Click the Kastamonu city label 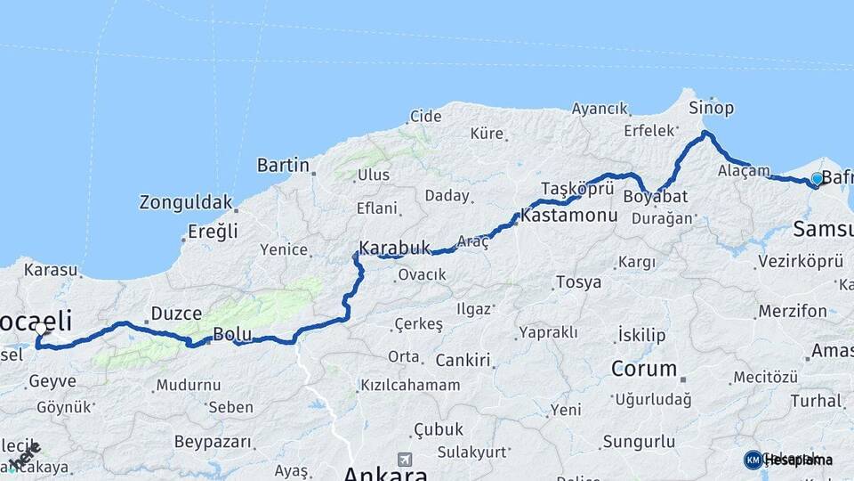pos(569,216)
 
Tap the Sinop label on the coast pos(713,109)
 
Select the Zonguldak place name pos(185,202)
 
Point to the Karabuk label pos(394,248)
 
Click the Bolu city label pos(232,336)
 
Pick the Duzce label pos(176,314)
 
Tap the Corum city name pos(645,368)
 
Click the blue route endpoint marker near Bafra pos(817,179)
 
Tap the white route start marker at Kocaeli pos(40,328)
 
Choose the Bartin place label pos(283,165)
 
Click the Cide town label pos(425,117)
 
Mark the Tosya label pos(578,282)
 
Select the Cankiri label pos(463,361)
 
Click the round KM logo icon pos(753,460)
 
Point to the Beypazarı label pos(213,442)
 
